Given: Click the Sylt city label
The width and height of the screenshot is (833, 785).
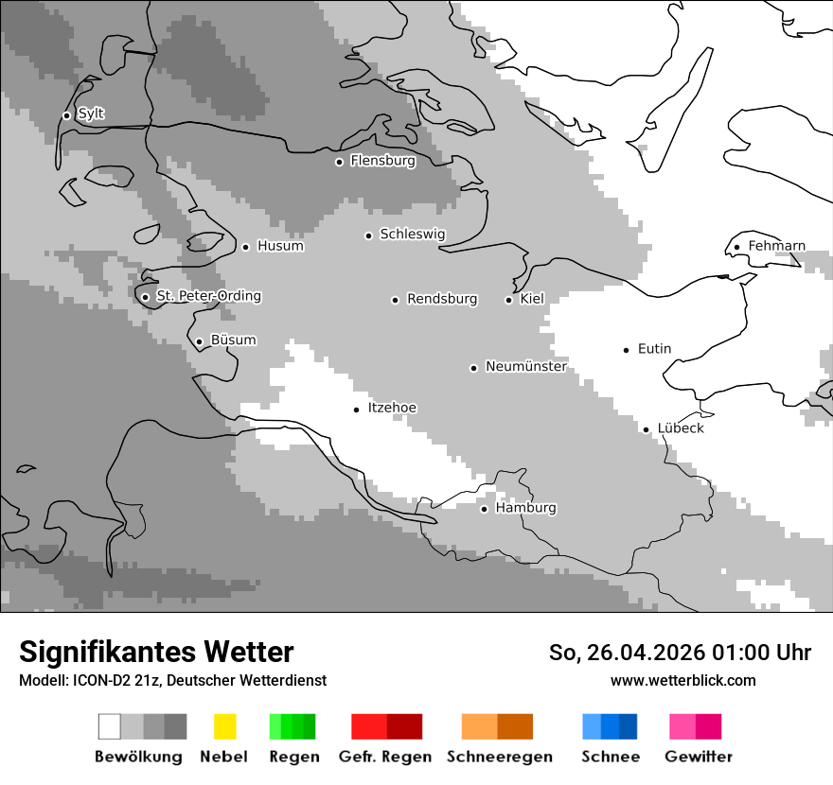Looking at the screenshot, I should pos(91,114).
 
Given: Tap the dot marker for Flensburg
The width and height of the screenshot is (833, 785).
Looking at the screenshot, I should pos(339,162).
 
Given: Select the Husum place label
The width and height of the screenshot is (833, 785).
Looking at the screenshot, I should pos(280,246).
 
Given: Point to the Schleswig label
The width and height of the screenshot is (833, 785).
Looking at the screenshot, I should pos(412,235).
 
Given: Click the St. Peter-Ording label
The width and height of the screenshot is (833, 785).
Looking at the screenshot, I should pos(208,296).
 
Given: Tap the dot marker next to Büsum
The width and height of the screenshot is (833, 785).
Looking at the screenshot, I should pos(199,341).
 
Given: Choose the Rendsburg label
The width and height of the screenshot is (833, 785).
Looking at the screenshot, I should pos(442,299).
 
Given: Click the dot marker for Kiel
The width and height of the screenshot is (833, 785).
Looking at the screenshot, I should pos(508,300).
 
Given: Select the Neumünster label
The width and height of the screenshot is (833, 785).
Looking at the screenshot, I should pos(525,366).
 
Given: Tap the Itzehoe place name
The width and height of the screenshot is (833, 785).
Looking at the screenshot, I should pos(392,408).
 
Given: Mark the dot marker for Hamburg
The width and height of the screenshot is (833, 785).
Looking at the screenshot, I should pos(484,509).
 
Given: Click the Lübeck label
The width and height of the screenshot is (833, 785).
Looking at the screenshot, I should pos(681,428).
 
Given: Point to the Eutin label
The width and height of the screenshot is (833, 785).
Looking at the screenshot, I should pos(654,349).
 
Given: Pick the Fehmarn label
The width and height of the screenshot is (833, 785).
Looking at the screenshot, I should pos(776,246).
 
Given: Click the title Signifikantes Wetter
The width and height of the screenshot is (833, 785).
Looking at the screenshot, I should pos(156,652).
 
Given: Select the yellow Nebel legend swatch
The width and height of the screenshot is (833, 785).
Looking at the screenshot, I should pos(224,726).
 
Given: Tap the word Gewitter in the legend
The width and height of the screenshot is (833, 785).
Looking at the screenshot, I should pos(698,757).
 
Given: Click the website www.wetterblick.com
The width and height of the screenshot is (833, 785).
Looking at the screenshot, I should pos(682,680).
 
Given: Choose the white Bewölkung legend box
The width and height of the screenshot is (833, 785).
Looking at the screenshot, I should pos(110,726).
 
